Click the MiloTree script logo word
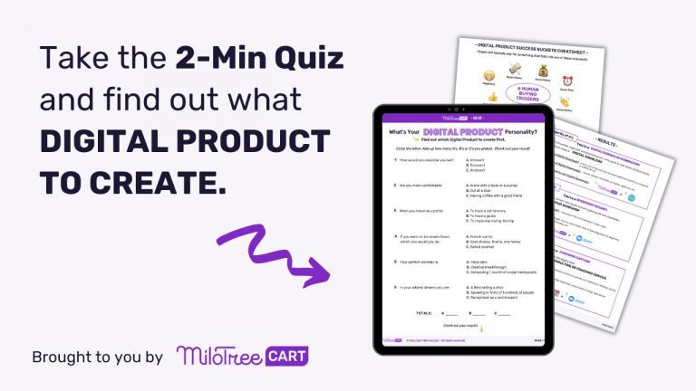tap(216, 355)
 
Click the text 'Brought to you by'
tap(97, 357)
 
